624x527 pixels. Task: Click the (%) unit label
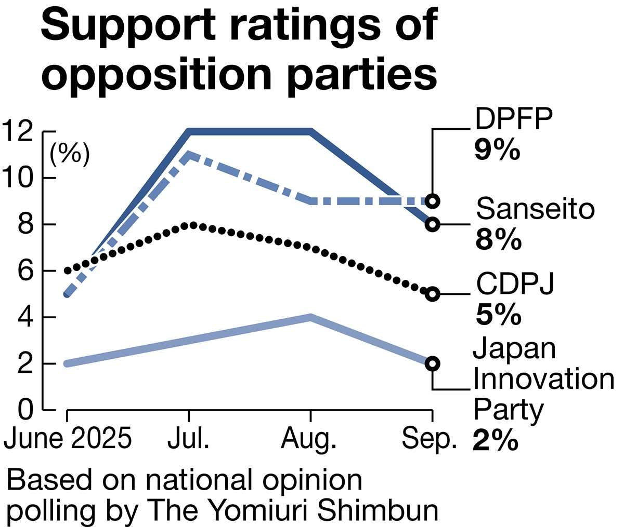70,154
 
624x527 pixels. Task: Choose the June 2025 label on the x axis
67,439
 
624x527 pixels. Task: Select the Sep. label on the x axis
429,439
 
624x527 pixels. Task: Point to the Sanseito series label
535,209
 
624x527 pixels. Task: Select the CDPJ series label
515,284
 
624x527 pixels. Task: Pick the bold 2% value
496,441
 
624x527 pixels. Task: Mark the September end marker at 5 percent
432,294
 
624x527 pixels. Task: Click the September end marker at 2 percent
432,363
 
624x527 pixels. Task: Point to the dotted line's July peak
192,225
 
